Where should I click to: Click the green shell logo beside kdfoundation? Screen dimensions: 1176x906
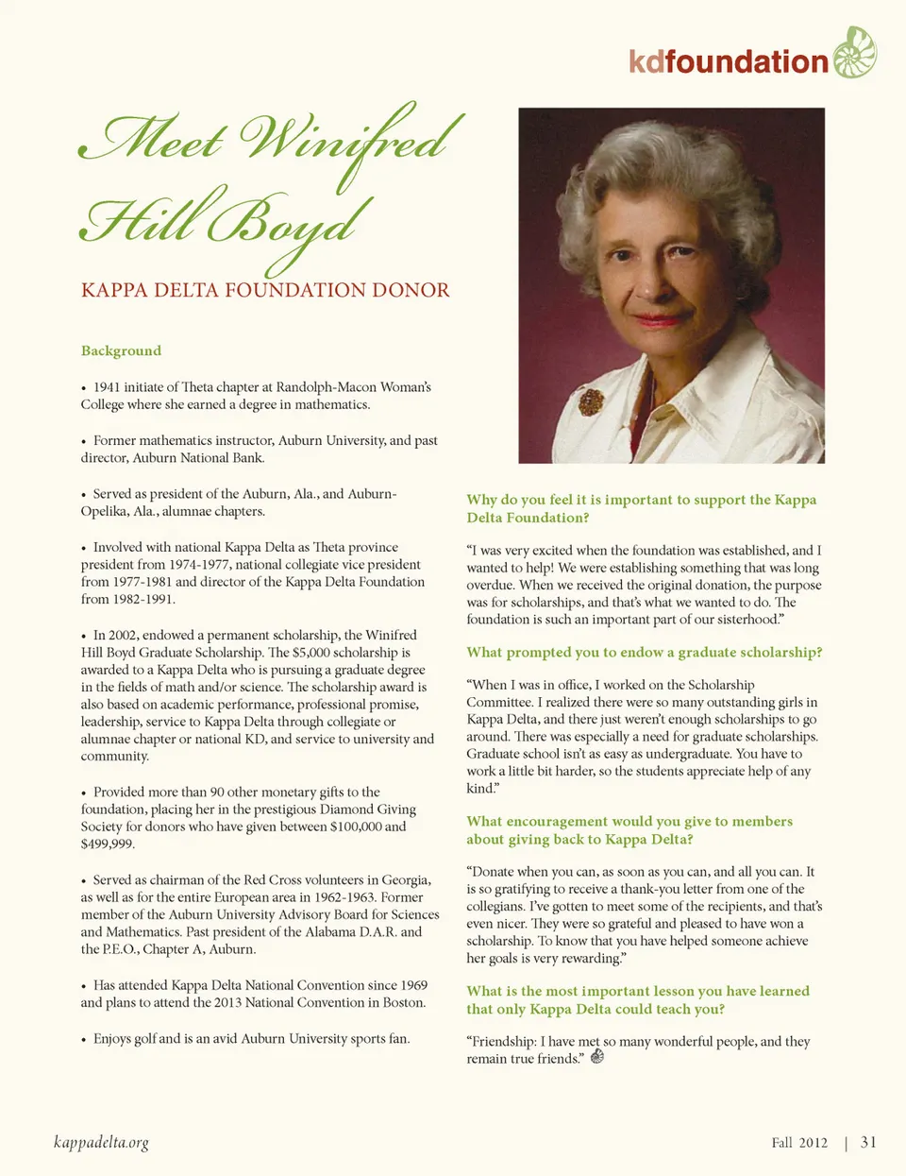[x=854, y=53]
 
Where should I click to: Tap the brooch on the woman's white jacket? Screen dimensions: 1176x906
[x=591, y=402]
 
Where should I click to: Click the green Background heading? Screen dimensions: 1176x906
[x=121, y=350]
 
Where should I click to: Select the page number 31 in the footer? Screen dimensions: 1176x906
[x=868, y=1142]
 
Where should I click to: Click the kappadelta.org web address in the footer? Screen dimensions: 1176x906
[x=101, y=1143]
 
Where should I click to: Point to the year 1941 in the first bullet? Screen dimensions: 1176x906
[x=109, y=387]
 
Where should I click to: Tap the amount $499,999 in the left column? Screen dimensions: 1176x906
[x=108, y=844]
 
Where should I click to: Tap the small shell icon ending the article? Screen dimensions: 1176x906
[x=596, y=1057]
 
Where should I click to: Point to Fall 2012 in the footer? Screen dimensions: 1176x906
[x=798, y=1143]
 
